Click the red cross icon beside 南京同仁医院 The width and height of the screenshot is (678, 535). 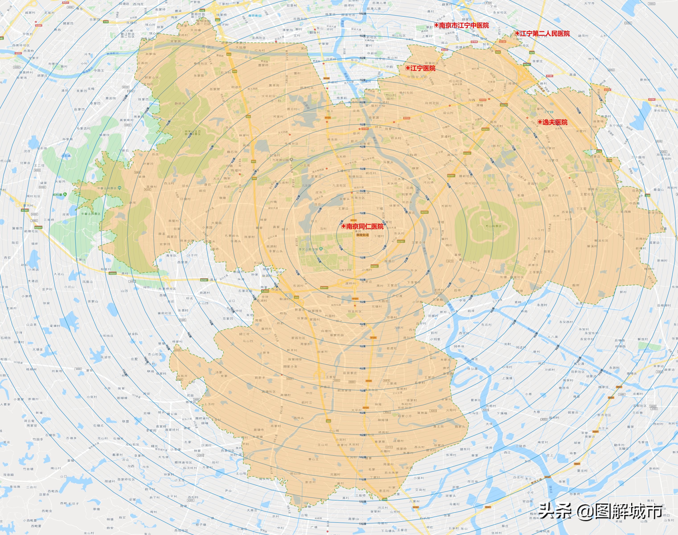[343, 226]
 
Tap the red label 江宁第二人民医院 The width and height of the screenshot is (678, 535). [544, 33]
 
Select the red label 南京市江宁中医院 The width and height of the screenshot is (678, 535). [464, 25]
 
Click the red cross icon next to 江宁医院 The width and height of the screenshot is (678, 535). [408, 68]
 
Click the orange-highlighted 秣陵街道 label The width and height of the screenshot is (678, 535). [362, 235]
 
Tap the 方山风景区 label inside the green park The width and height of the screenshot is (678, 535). [493, 226]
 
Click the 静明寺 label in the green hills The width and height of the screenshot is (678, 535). [180, 103]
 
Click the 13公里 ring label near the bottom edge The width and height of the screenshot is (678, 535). [363, 524]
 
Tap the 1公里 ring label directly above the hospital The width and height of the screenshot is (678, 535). [363, 213]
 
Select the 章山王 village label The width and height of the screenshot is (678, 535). [313, 459]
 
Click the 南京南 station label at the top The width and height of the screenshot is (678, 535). [253, 15]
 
